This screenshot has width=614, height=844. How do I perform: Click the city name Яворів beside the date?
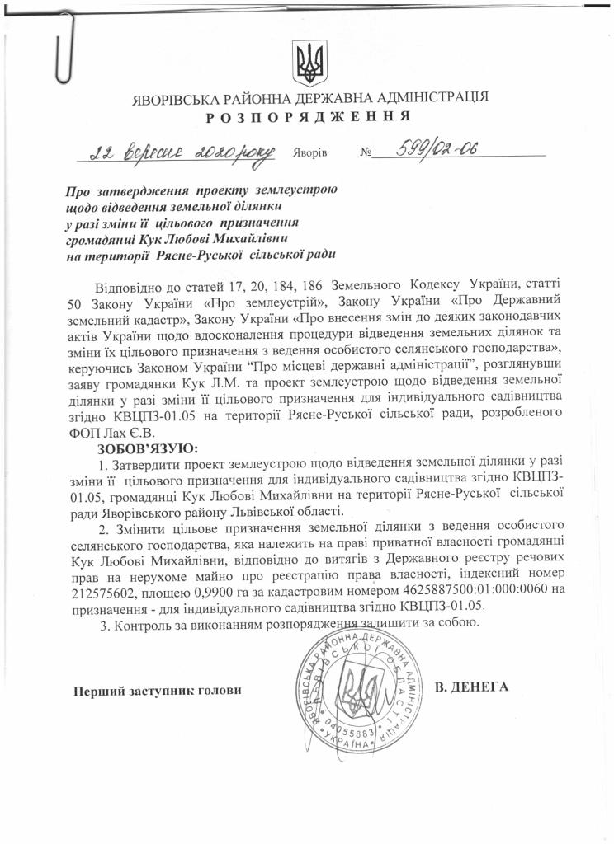click(310, 153)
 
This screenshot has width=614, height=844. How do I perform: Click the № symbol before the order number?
click(367, 153)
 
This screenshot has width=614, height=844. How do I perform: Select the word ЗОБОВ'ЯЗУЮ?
click(147, 448)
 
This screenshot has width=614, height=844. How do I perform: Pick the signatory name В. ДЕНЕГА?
click(471, 687)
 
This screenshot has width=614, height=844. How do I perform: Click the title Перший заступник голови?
click(157, 690)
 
